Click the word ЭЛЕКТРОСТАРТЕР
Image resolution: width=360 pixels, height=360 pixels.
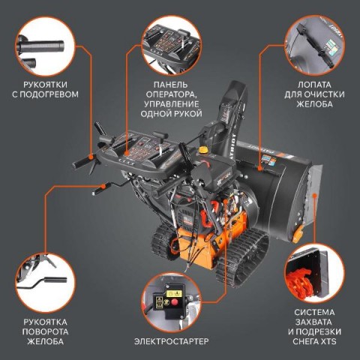(171, 341)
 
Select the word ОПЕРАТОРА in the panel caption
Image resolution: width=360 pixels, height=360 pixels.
(171, 94)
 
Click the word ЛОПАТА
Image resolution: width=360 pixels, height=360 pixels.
(314, 85)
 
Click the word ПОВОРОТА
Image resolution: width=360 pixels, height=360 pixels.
(45, 331)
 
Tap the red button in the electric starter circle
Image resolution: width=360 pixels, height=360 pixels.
(175, 302)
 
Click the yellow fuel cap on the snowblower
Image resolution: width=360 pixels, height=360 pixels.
(203, 149)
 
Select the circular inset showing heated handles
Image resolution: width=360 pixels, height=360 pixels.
(45, 46)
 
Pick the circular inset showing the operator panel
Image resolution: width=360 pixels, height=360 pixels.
(171, 46)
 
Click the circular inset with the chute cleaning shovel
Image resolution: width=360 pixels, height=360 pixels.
(315, 46)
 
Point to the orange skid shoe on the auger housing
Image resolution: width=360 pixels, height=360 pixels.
(298, 234)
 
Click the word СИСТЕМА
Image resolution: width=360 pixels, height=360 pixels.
(314, 312)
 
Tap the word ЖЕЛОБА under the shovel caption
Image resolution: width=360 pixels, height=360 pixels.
(314, 103)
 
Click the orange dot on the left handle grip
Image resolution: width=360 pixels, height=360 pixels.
(91, 157)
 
